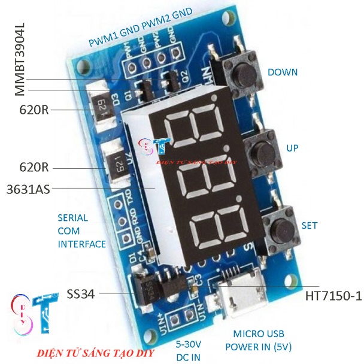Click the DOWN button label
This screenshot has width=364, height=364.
coord(283,72)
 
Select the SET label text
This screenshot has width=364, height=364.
coord(310,226)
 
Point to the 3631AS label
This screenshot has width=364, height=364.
coord(28,189)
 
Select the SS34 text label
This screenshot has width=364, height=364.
coord(81,294)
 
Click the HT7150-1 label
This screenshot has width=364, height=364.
coord(333,295)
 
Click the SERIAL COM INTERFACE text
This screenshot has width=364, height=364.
coord(81,230)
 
